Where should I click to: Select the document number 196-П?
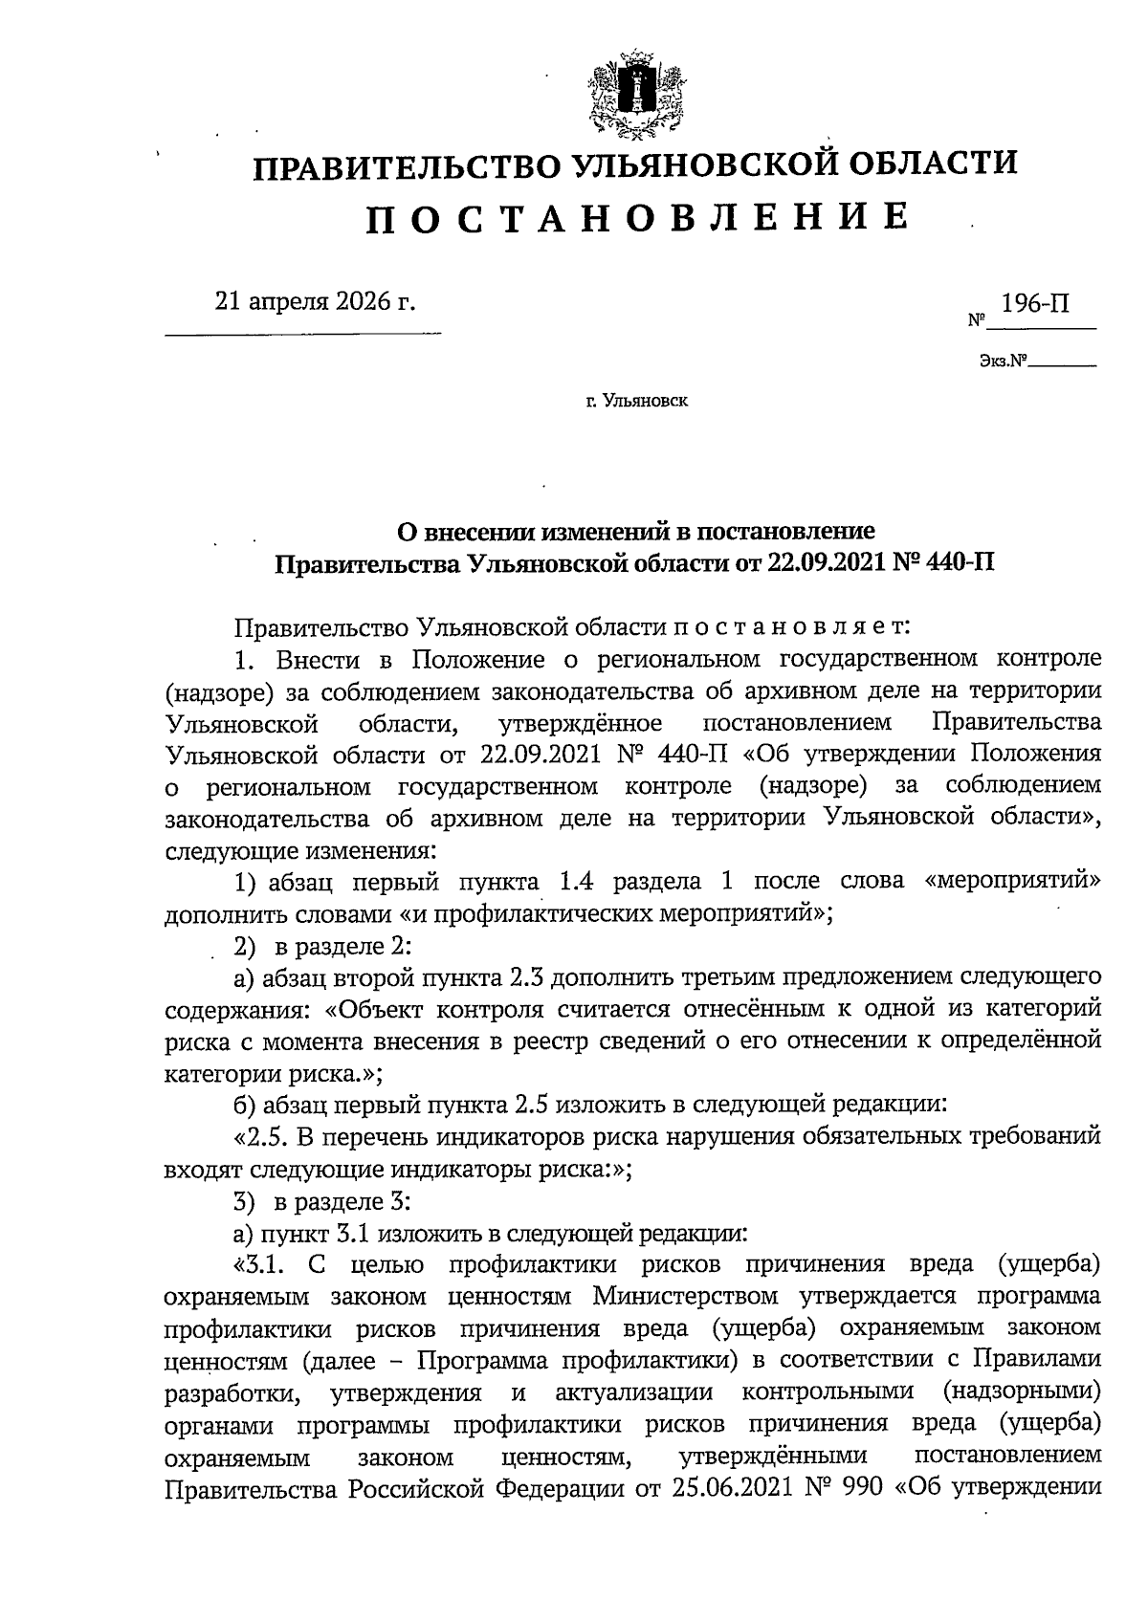[1034, 304]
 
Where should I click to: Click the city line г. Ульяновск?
[637, 402]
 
